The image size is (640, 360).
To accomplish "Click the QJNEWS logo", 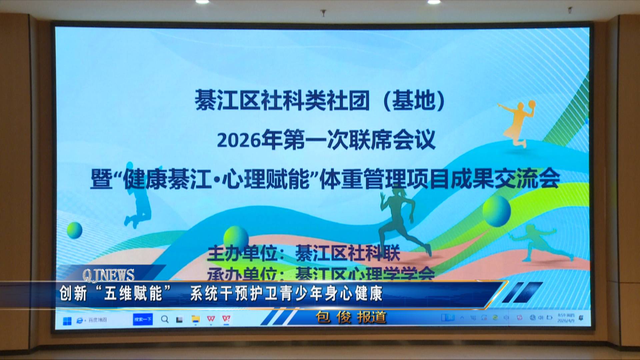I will point(108,275).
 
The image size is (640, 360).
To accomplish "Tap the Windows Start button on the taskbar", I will point(67,321).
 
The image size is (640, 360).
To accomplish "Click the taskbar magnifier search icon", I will point(165,319).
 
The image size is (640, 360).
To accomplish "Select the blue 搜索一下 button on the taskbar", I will point(143,319).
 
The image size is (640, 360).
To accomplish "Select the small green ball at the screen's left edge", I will point(74,230).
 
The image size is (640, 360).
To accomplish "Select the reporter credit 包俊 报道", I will point(351,317).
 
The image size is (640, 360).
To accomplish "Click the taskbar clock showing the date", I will point(566,317).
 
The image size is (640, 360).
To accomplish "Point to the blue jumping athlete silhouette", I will point(138,207).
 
